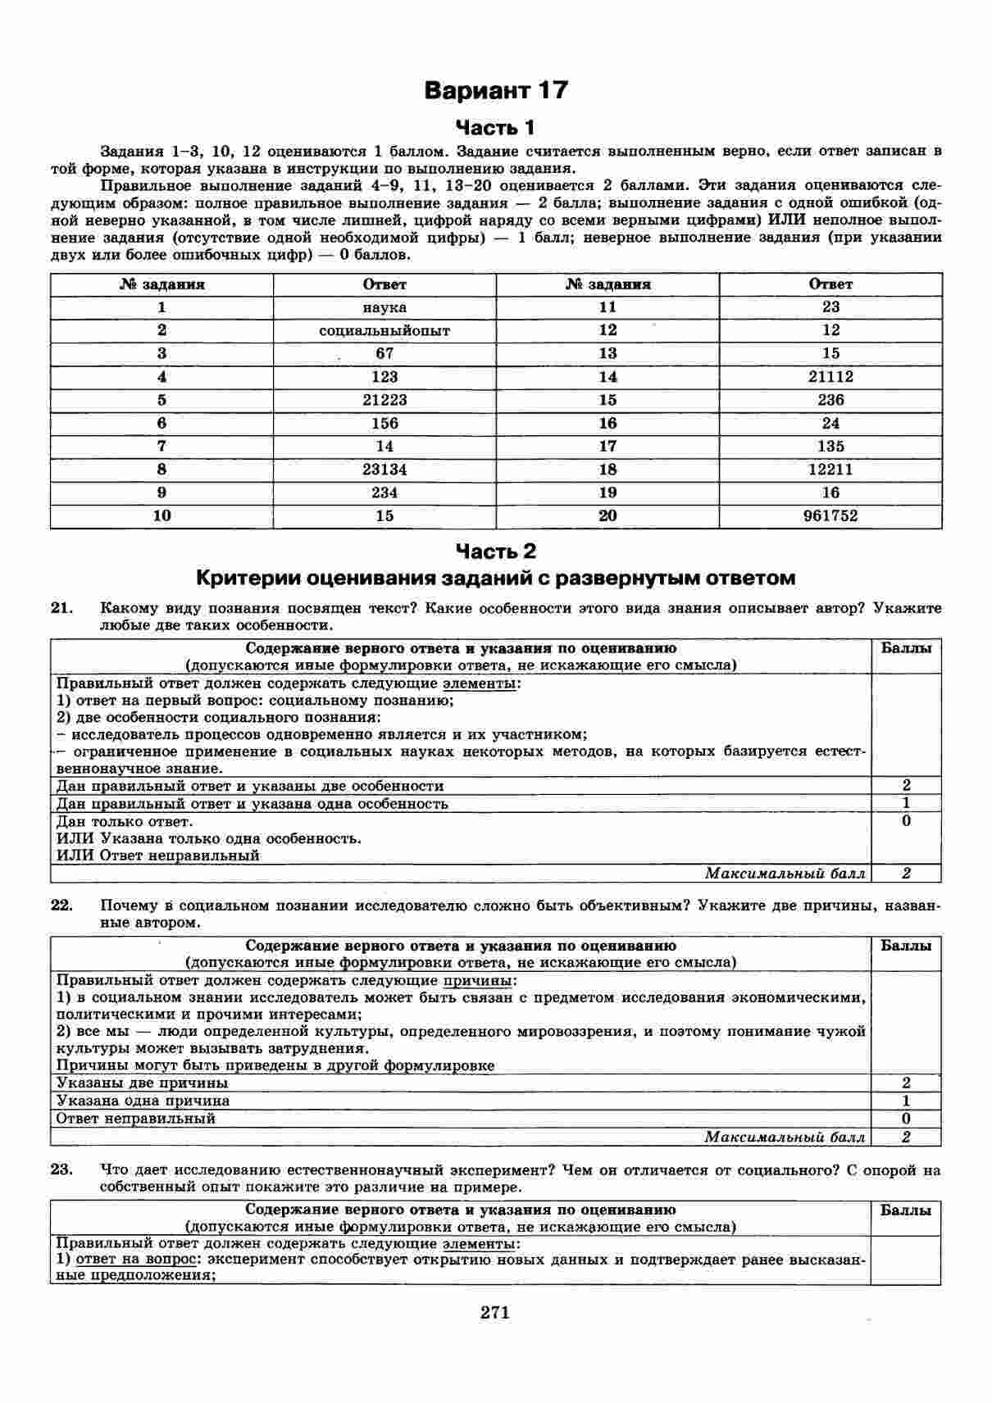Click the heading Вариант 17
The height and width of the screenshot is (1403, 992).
click(x=495, y=90)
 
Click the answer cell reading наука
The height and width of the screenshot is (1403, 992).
click(x=385, y=307)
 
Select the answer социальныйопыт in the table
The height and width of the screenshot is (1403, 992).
click(x=385, y=330)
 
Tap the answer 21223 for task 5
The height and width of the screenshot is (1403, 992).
click(x=385, y=400)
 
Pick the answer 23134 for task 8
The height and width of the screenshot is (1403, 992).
click(x=385, y=470)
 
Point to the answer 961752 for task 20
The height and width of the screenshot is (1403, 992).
click(x=830, y=515)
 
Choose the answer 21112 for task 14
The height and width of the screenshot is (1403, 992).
click(x=830, y=377)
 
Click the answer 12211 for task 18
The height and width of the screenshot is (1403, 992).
click(x=830, y=470)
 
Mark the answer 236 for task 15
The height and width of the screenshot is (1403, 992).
click(x=830, y=400)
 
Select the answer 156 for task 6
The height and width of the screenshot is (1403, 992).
click(x=385, y=423)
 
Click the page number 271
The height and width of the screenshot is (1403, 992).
click(x=495, y=1312)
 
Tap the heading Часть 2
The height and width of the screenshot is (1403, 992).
click(x=495, y=551)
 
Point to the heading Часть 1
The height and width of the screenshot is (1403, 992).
click(x=495, y=128)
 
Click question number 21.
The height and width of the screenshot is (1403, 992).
click(x=62, y=608)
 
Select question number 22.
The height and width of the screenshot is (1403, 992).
click(x=62, y=906)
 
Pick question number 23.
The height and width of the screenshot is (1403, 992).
click(x=62, y=1169)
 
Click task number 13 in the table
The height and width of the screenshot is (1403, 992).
click(x=607, y=353)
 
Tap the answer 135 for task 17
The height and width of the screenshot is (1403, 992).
click(x=830, y=447)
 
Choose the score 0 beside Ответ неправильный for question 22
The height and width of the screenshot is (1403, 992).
click(x=906, y=1119)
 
